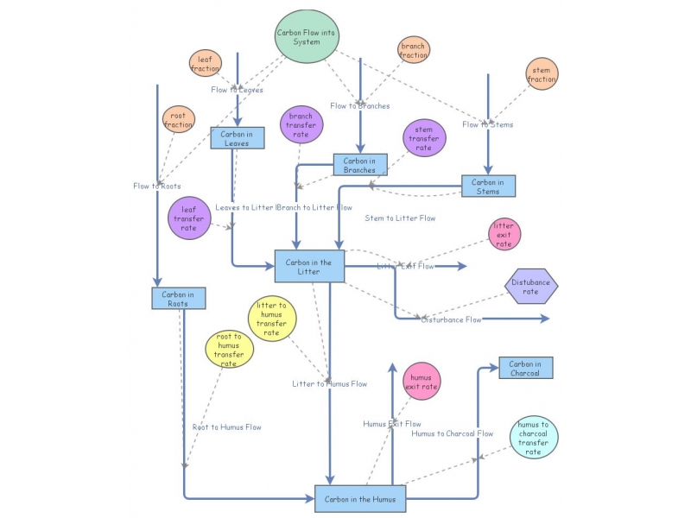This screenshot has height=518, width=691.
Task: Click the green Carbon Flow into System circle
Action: pyautogui.click(x=307, y=36)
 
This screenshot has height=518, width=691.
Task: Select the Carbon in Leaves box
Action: pyautogui.click(x=237, y=138)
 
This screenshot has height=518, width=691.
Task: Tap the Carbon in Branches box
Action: pyautogui.click(x=359, y=165)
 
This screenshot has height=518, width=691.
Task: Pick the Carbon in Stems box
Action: pyautogui.click(x=488, y=186)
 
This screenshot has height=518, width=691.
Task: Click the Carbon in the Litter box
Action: pyautogui.click(x=309, y=266)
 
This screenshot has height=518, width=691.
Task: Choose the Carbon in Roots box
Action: pyautogui.click(x=178, y=299)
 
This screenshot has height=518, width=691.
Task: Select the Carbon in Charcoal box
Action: pyautogui.click(x=525, y=368)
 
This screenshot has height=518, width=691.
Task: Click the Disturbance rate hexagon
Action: pyautogui.click(x=531, y=286)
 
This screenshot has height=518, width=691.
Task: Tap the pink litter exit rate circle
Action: pyautogui.click(x=504, y=234)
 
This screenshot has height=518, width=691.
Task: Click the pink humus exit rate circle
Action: pyautogui.click(x=422, y=382)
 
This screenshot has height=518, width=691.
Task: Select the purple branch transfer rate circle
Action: pyautogui.click(x=301, y=125)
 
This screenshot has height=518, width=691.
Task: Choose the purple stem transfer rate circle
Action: pyautogui.click(x=424, y=137)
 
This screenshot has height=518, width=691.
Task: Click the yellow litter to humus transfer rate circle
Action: pyautogui.click(x=271, y=319)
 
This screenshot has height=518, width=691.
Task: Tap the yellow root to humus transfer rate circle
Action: pyautogui.click(x=229, y=350)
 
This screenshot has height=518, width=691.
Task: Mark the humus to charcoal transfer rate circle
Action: pyautogui.click(x=534, y=437)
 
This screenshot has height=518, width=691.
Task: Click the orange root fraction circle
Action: pyautogui.click(x=179, y=119)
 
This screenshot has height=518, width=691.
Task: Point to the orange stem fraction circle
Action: pyautogui.click(x=542, y=74)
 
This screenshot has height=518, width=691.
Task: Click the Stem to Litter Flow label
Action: pyautogui.click(x=400, y=218)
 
